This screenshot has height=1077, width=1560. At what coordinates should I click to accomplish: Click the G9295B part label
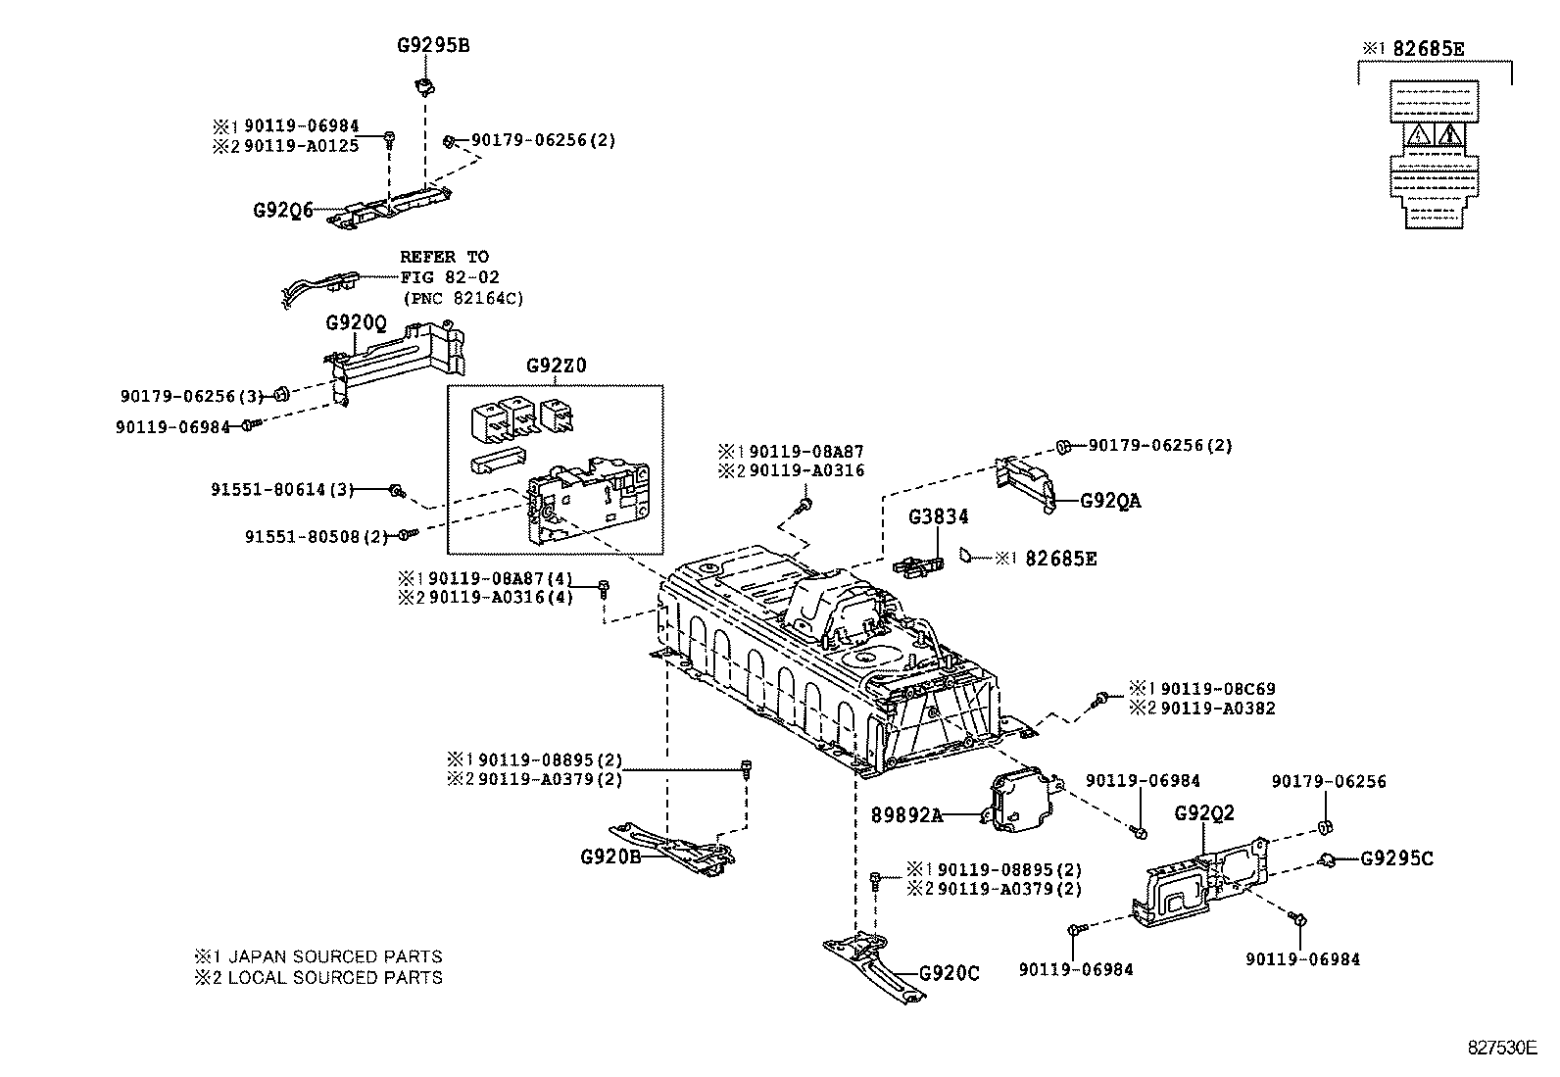point(432,45)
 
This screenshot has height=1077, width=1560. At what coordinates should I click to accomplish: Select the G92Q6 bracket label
point(283,210)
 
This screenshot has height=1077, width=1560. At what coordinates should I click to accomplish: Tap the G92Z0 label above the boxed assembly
point(557,366)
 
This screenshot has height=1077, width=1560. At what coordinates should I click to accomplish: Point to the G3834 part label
point(938,516)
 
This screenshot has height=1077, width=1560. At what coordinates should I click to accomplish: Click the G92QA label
point(1110,501)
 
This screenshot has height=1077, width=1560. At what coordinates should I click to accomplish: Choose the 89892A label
point(906,814)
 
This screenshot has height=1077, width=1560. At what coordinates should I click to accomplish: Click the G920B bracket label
point(610,856)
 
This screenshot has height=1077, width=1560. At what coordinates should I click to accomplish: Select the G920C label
point(949,973)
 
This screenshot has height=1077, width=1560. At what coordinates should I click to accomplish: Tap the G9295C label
point(1396,859)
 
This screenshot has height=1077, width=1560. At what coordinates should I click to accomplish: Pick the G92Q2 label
point(1204,813)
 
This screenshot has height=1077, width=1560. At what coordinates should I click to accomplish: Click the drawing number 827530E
point(1502,1047)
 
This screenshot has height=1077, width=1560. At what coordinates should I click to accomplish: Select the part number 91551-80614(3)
point(281,489)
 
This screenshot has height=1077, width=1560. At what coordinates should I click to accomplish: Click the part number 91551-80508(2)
point(316,536)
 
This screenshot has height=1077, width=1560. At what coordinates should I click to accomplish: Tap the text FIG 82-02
point(449,277)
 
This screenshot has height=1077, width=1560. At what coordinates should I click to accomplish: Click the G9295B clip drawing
point(424,86)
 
